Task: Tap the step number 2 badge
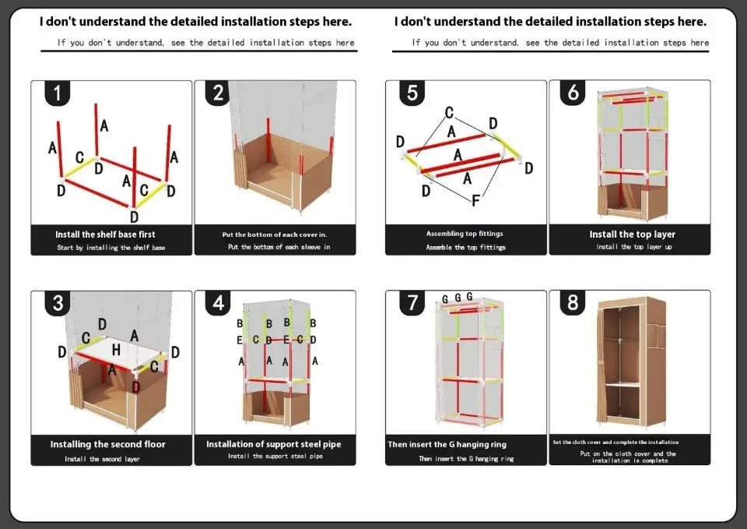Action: click(x=219, y=93)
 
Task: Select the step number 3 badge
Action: click(x=58, y=302)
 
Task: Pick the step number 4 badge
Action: click(x=219, y=302)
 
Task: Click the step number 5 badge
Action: click(x=412, y=93)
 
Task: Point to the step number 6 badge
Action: click(x=573, y=93)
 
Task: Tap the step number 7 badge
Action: click(x=412, y=302)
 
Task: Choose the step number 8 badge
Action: click(x=573, y=302)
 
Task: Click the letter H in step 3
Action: click(x=116, y=350)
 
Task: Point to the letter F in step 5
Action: click(x=475, y=201)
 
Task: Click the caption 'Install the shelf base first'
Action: click(x=105, y=235)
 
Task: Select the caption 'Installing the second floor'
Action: click(x=108, y=444)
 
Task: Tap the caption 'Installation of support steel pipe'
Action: click(x=273, y=444)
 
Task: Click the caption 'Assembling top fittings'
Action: click(x=465, y=234)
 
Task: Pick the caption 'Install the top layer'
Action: click(x=632, y=235)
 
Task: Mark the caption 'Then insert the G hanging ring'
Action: click(x=447, y=445)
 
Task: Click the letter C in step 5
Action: click(x=449, y=113)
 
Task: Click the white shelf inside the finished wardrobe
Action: click(x=622, y=385)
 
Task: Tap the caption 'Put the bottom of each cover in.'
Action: click(x=274, y=235)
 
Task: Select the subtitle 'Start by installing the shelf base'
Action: click(x=111, y=248)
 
